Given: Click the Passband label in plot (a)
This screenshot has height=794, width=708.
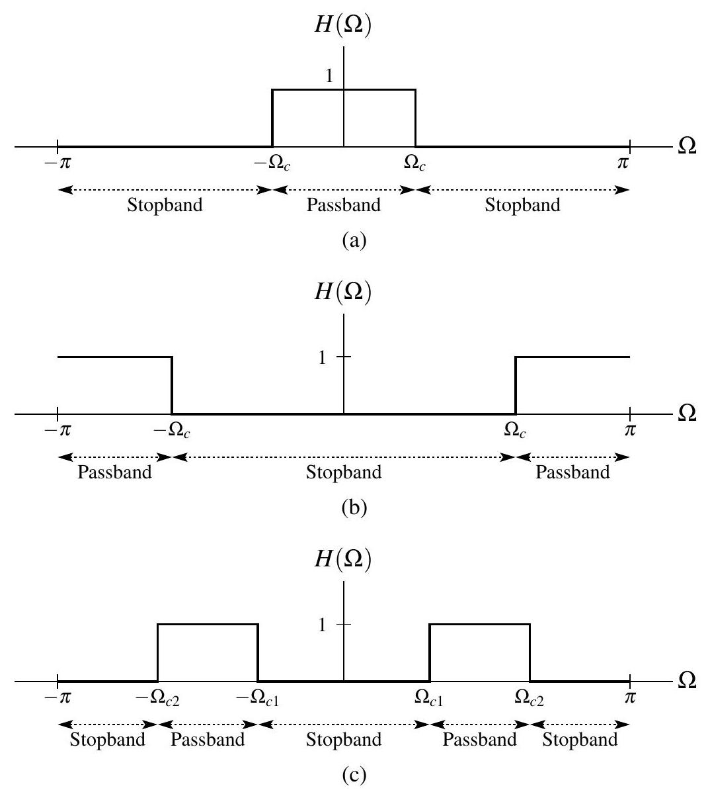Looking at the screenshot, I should point(344,204).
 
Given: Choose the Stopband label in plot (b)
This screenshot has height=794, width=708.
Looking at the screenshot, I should point(344,472).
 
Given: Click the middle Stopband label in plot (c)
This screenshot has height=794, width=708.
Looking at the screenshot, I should point(344,740).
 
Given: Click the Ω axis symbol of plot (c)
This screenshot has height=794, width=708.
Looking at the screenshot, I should point(688,682).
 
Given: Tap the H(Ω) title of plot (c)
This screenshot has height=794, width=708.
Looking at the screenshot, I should point(343,562).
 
